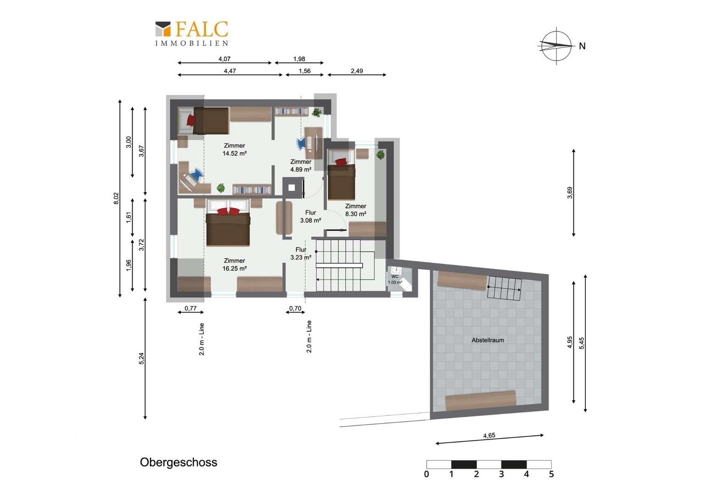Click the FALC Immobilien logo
click(x=192, y=34)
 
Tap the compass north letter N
click(x=582, y=46)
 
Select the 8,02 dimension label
click(x=116, y=198)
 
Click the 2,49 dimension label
click(x=357, y=71)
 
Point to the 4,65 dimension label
click(x=489, y=435)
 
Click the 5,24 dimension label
click(x=141, y=358)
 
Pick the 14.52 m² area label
click(x=234, y=154)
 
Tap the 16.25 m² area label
click(x=234, y=269)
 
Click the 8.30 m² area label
click(x=356, y=214)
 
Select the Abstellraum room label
click(x=488, y=340)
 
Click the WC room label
click(x=395, y=277)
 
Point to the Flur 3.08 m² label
click(x=311, y=216)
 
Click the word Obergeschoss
click(x=178, y=462)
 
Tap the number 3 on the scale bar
click(x=501, y=474)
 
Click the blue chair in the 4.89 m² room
click(x=301, y=144)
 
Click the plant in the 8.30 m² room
click(x=380, y=154)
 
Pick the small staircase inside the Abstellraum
click(x=504, y=288)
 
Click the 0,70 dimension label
click(x=295, y=308)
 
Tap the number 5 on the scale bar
click(x=551, y=474)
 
